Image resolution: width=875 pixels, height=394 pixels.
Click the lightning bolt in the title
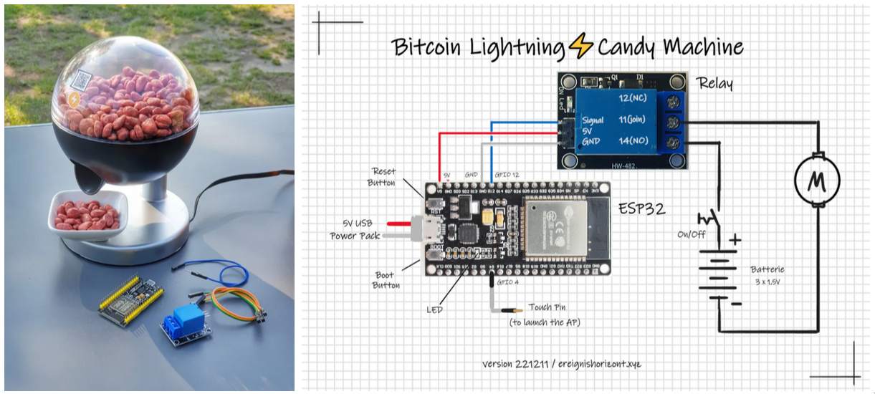[580, 48]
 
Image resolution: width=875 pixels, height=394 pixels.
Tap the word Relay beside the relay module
[715, 84]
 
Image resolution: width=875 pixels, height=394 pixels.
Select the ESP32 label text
[641, 209]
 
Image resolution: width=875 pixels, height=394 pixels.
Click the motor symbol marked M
[817, 180]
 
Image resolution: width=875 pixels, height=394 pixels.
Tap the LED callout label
[434, 309]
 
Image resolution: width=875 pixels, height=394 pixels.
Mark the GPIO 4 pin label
[507, 282]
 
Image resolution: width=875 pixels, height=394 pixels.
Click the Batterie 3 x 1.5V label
[768, 275]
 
